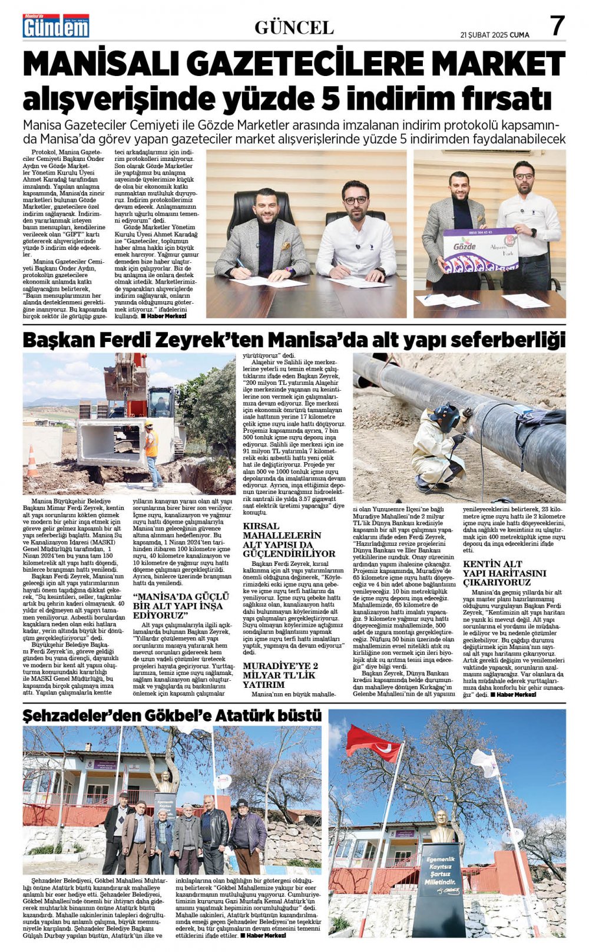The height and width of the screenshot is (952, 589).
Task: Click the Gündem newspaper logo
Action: click(56, 26)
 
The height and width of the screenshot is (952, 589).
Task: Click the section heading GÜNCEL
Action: click(294, 28)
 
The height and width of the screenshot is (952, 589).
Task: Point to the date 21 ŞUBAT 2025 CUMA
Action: click(495, 35)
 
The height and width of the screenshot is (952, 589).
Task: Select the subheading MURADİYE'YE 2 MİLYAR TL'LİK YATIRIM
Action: click(280, 675)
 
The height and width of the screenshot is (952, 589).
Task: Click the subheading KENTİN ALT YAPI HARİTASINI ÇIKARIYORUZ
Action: click(504, 573)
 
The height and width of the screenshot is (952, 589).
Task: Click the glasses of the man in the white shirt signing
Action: click(355, 200)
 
